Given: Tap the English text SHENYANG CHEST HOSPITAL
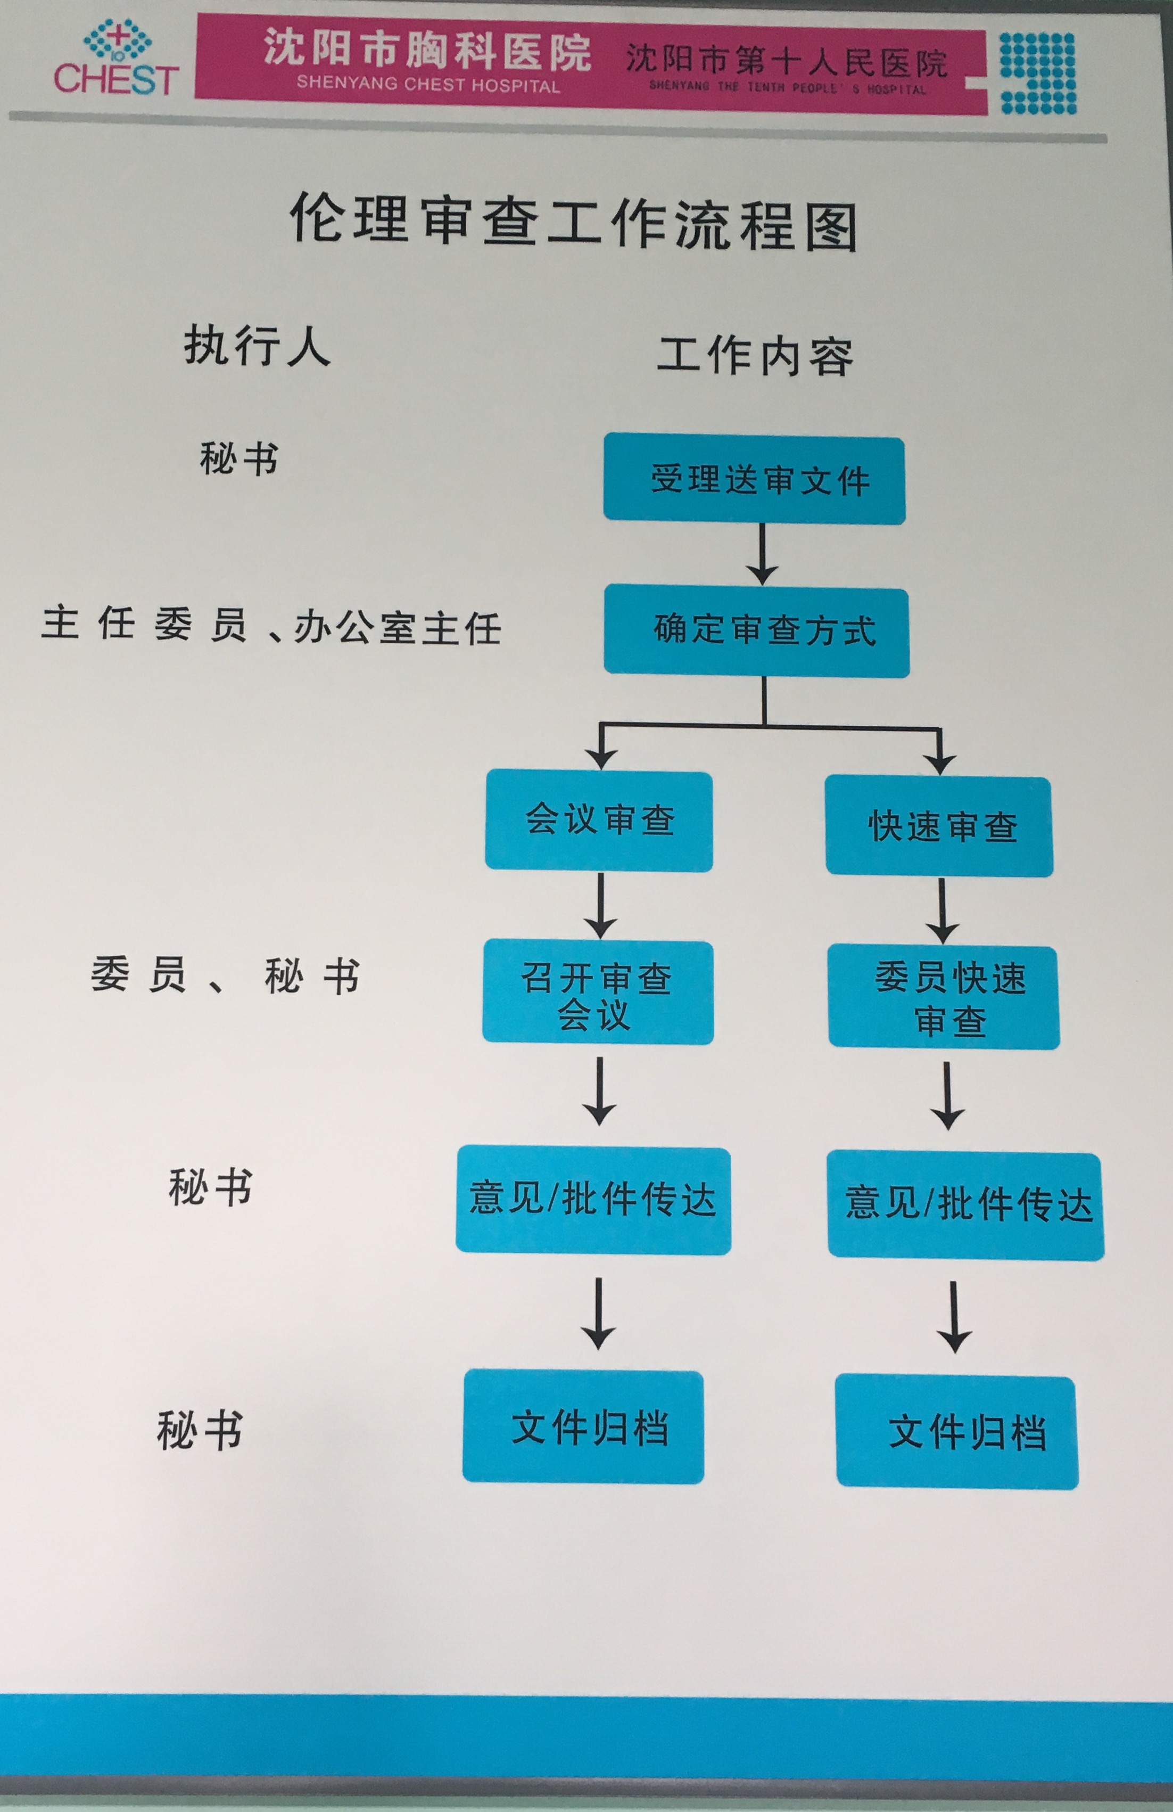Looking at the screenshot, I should [x=428, y=83].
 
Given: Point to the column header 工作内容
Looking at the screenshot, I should [x=755, y=356].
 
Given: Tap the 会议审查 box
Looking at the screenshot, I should [x=599, y=820].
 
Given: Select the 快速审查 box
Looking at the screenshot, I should [x=939, y=826].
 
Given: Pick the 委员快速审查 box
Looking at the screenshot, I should [x=944, y=997].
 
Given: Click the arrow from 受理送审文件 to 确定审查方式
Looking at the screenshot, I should [x=761, y=554].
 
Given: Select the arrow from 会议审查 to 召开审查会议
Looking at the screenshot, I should [x=600, y=906].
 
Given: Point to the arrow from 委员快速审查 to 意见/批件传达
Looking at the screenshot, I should [x=947, y=1096].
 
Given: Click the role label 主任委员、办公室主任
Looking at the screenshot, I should [x=271, y=626].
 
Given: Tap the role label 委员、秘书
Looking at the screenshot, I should [x=225, y=975].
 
